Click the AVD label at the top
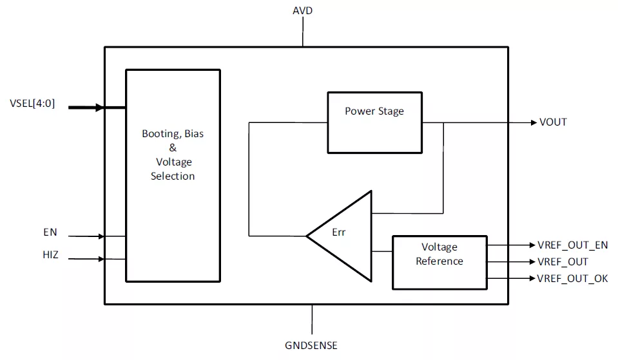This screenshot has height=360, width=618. coord(302,11)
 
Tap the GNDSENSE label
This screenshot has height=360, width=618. coord(311,345)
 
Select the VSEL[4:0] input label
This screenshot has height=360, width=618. coord(32,104)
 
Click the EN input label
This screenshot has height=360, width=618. coord(50,232)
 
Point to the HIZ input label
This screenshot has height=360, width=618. coord(50,255)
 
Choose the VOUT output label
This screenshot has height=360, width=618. coord(553,122)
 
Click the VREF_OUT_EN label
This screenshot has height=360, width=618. coord(573,245)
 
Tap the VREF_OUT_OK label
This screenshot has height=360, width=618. coord(572,278)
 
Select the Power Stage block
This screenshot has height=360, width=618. coord(375,122)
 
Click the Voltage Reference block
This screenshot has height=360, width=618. coord(440,263)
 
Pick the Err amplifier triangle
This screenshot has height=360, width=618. coord(339,236)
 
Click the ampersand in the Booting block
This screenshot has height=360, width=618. coord(173,147)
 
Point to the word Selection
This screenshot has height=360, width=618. coord(173,176)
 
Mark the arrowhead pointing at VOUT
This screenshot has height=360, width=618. coord(534,122)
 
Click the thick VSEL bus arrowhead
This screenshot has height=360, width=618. coord(100,107)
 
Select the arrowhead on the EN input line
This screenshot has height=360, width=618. coord(101,236)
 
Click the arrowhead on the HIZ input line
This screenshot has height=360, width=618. coord(101,259)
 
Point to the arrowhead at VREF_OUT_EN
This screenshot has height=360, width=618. coord(532,245)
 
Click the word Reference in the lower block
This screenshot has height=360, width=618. coord(439,261)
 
